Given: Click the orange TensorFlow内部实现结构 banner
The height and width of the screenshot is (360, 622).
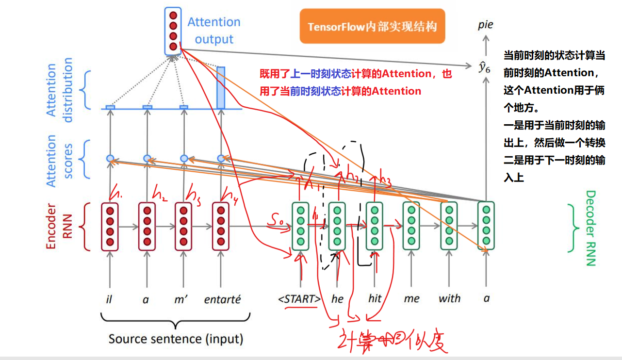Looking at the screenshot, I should tap(372, 26).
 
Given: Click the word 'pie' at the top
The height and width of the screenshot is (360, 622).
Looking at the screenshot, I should tap(485, 25).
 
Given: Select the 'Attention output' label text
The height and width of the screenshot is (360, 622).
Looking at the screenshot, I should tap(213, 31).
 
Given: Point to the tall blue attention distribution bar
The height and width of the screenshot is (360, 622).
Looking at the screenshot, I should tap(221, 87).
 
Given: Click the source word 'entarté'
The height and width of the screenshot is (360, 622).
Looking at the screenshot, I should tap(223, 299).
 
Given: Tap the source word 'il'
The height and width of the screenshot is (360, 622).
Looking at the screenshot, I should tap(109, 299).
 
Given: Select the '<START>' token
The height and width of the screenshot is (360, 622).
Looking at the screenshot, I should tap(299, 299).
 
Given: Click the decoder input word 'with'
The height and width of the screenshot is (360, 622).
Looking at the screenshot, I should tap(449, 299).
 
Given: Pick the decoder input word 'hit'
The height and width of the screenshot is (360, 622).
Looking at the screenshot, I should tap(375, 299).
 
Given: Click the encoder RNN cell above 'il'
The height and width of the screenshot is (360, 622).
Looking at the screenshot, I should tap(110, 227).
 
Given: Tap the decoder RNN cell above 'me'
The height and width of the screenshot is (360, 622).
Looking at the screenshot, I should tap(411, 226).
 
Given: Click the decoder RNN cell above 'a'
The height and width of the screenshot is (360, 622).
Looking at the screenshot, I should tap(486, 226).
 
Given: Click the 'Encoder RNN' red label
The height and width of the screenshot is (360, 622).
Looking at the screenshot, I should tap(56, 227).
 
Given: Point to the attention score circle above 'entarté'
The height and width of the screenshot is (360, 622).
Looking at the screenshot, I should tap(221, 158).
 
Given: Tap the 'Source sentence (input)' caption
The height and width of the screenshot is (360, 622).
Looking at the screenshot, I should tap(176, 338).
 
